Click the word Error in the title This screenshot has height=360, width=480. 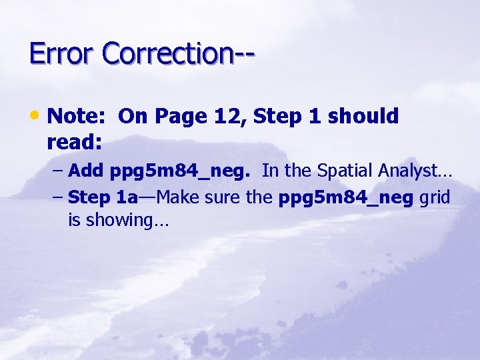[61, 53]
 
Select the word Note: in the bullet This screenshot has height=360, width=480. [77, 116]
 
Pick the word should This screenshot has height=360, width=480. [363, 116]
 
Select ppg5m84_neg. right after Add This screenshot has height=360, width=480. [179, 171]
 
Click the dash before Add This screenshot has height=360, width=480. [59, 171]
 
